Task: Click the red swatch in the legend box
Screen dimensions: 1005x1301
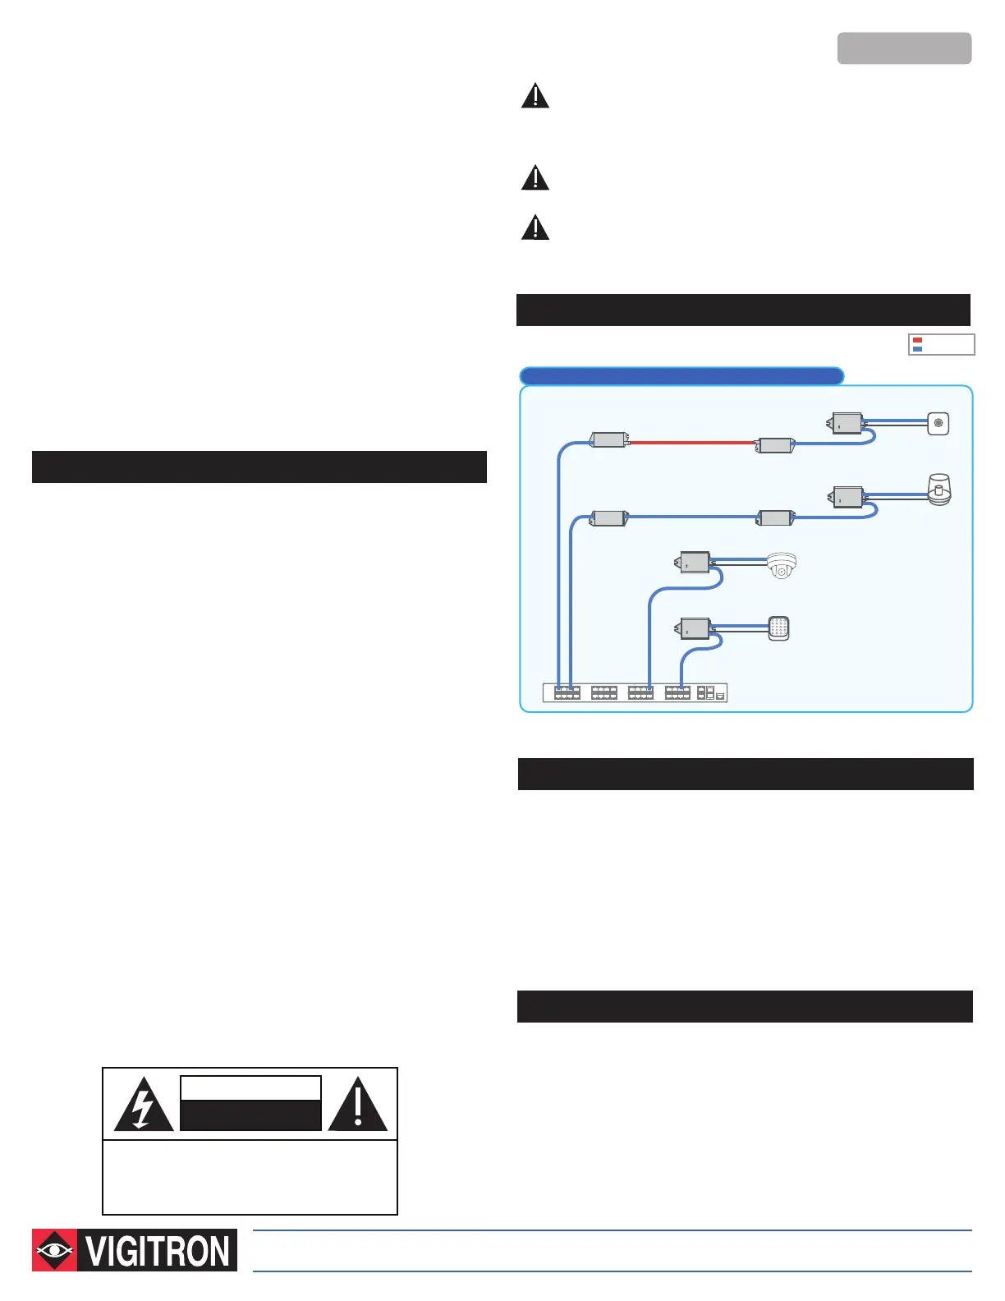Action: [x=917, y=340]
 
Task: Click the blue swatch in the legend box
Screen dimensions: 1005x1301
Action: [x=917, y=349]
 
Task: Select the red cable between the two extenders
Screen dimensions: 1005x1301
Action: [x=691, y=442]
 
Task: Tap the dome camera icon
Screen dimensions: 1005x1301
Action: [x=781, y=565]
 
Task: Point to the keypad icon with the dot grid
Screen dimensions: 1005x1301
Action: [x=778, y=628]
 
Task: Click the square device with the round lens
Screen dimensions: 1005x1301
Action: [x=938, y=424]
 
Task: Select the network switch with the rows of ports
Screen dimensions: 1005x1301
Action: [x=636, y=693]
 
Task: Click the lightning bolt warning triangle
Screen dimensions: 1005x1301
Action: [x=143, y=1106]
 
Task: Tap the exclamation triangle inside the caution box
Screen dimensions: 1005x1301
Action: [x=357, y=1106]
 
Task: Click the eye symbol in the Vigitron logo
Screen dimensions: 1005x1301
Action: [x=54, y=1250]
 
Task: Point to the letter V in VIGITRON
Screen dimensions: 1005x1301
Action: [x=95, y=1251]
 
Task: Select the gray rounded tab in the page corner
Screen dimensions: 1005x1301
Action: [x=904, y=48]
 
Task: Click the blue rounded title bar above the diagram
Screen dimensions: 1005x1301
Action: [x=681, y=376]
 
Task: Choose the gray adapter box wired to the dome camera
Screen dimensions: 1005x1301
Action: [x=694, y=563]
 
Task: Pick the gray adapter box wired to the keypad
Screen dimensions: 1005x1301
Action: [x=694, y=629]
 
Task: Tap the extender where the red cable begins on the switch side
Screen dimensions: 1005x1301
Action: [x=608, y=440]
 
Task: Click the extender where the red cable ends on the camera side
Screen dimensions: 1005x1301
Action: [x=774, y=446]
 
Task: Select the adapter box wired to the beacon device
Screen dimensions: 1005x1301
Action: [x=847, y=498]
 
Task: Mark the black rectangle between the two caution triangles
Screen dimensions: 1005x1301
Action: [x=250, y=1115]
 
